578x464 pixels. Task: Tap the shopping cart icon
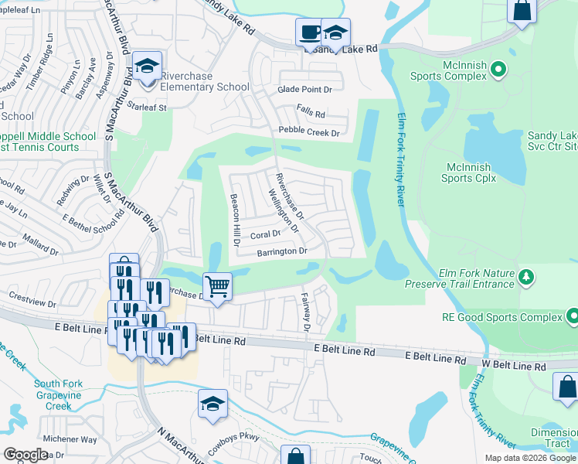(218, 287)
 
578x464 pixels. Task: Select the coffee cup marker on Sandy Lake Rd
(310, 32)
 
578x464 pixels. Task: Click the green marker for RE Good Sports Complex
(573, 316)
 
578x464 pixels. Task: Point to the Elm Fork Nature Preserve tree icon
(525, 276)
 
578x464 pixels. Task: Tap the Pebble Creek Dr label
(309, 132)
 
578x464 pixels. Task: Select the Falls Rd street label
(311, 112)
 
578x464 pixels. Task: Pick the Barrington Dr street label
(282, 252)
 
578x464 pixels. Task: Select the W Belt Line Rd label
(515, 364)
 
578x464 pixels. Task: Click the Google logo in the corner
(26, 455)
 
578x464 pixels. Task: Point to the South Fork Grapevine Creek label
(58, 394)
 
